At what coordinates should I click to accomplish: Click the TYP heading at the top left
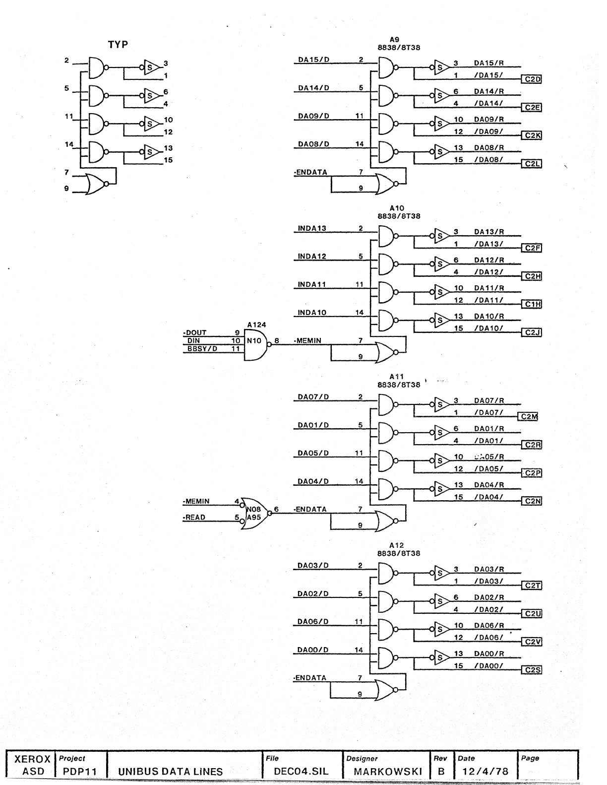tap(118, 45)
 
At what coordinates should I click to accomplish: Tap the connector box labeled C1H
tap(532, 305)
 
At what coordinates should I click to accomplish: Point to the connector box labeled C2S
tap(532, 670)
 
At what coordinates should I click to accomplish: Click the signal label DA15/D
tap(313, 60)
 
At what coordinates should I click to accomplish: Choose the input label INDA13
tap(312, 229)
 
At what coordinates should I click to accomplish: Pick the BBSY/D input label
tap(202, 349)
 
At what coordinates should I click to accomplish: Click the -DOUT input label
tap(195, 332)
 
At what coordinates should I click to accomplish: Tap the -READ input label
tap(194, 518)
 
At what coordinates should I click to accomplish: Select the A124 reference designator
tap(256, 325)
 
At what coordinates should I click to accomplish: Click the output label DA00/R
tap(488, 654)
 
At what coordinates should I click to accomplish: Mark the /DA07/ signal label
tap(488, 413)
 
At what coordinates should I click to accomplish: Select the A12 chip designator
tap(397, 545)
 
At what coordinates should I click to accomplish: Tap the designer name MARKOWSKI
tap(388, 772)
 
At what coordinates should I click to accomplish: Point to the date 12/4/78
tap(485, 771)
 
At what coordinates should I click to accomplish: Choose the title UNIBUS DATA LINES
tap(170, 772)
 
